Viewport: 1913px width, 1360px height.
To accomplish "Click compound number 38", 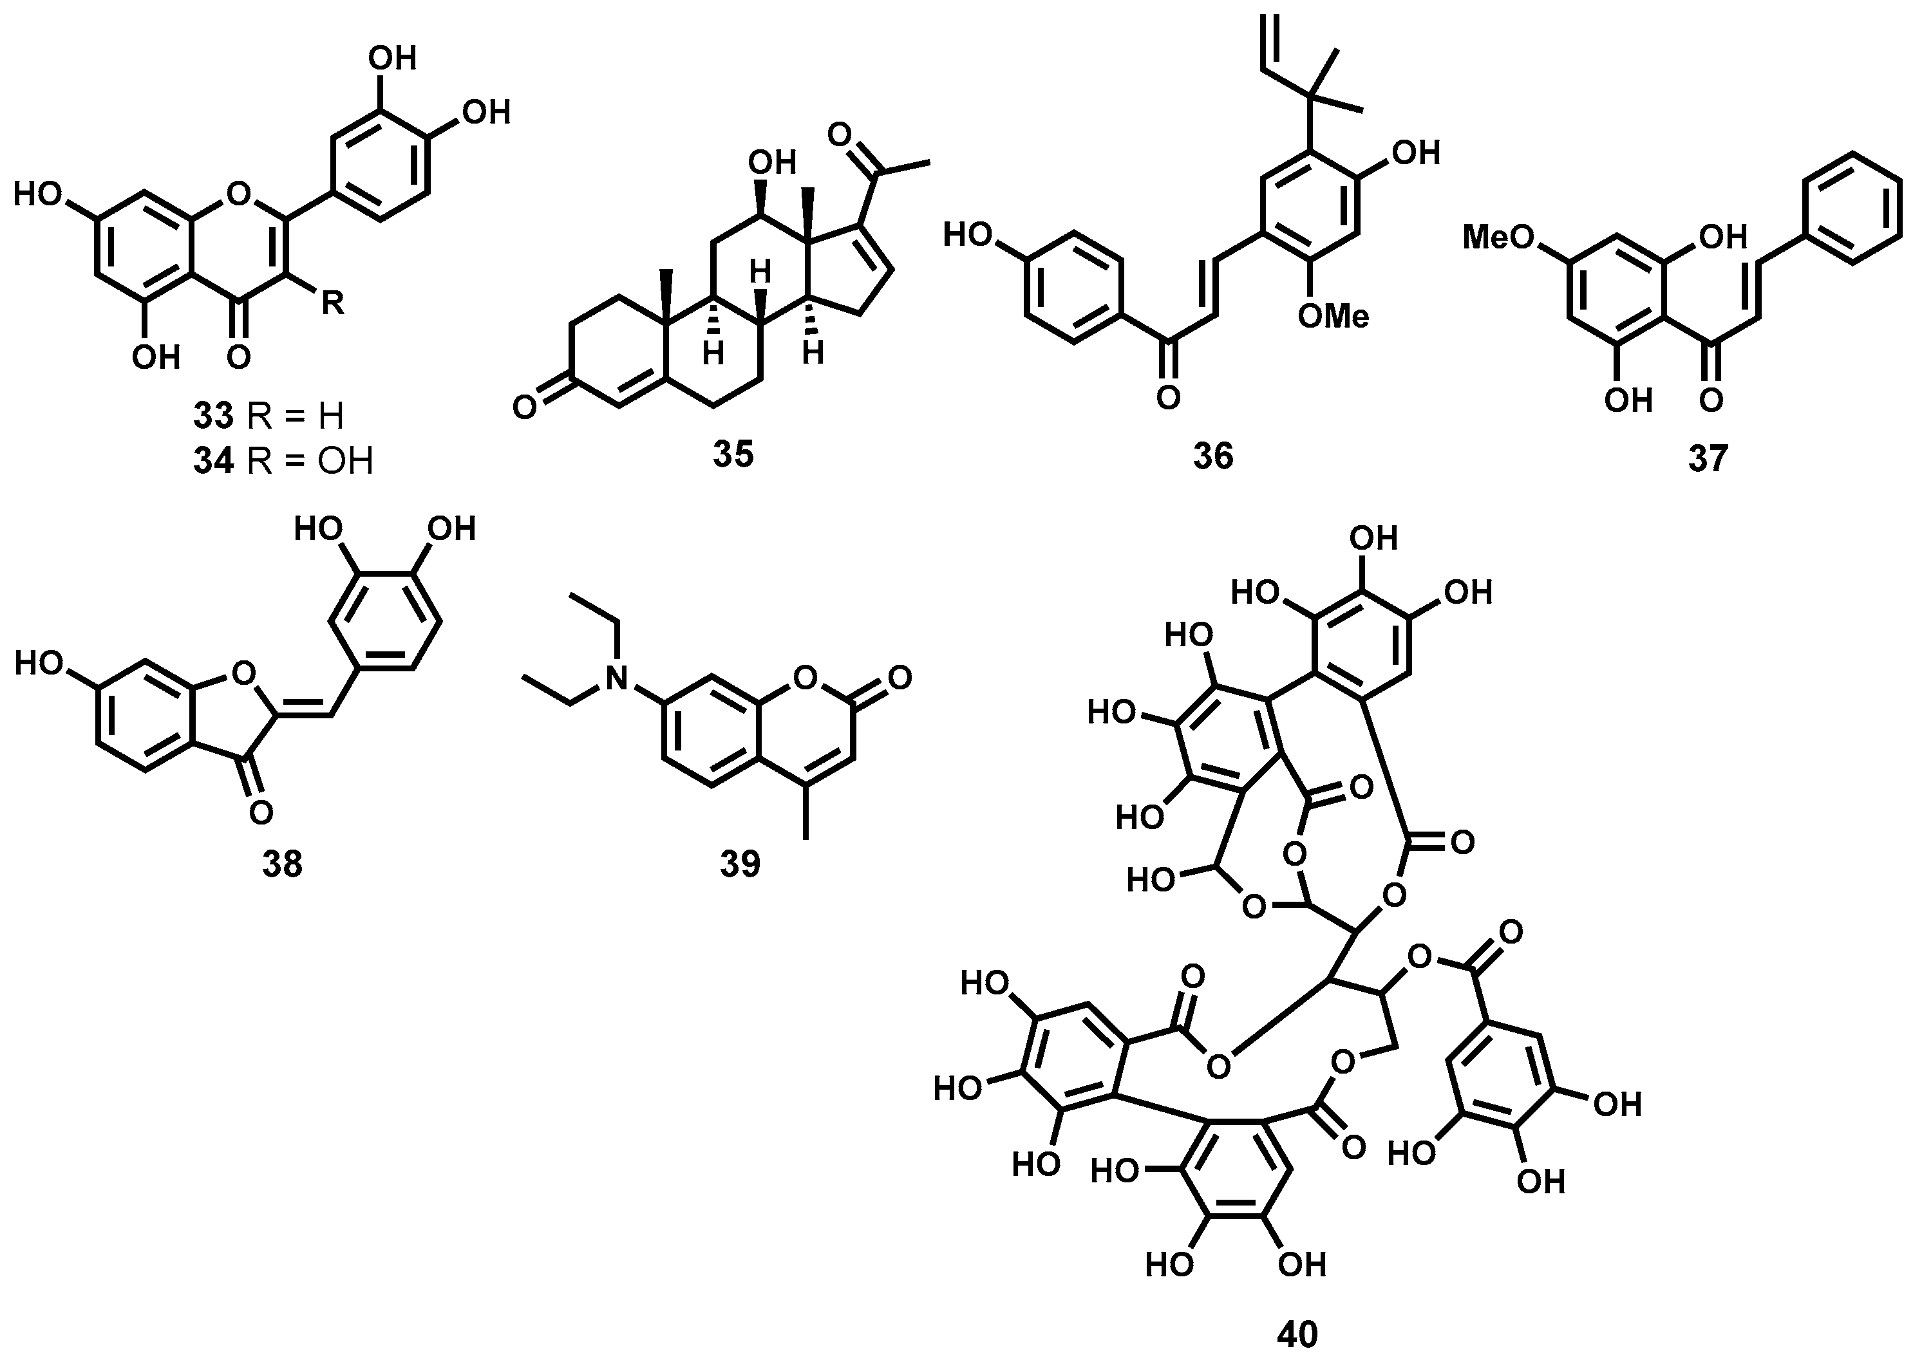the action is point(282,865).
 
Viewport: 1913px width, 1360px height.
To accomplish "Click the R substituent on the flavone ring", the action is point(332,303).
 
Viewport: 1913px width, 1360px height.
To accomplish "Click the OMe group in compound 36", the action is point(1333,317).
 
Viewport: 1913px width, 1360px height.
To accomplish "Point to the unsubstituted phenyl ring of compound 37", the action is point(1851,208).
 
